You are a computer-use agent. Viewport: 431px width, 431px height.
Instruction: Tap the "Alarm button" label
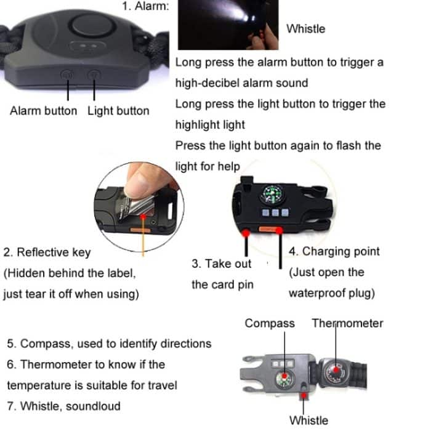[44, 111]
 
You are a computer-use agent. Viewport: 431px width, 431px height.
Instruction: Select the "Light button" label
[118, 111]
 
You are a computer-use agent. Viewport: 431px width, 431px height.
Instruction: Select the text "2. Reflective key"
[47, 252]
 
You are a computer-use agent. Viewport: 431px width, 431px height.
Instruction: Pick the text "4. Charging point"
[334, 251]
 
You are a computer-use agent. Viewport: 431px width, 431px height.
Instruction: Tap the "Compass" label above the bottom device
[270, 323]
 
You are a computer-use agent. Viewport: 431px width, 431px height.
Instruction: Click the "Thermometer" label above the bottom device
[347, 323]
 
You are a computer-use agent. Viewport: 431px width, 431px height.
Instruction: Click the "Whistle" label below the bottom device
[308, 421]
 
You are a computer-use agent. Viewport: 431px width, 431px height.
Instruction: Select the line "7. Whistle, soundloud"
[64, 406]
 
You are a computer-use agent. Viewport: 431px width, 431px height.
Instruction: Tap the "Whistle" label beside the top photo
[306, 29]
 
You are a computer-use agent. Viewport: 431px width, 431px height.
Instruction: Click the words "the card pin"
[222, 285]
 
